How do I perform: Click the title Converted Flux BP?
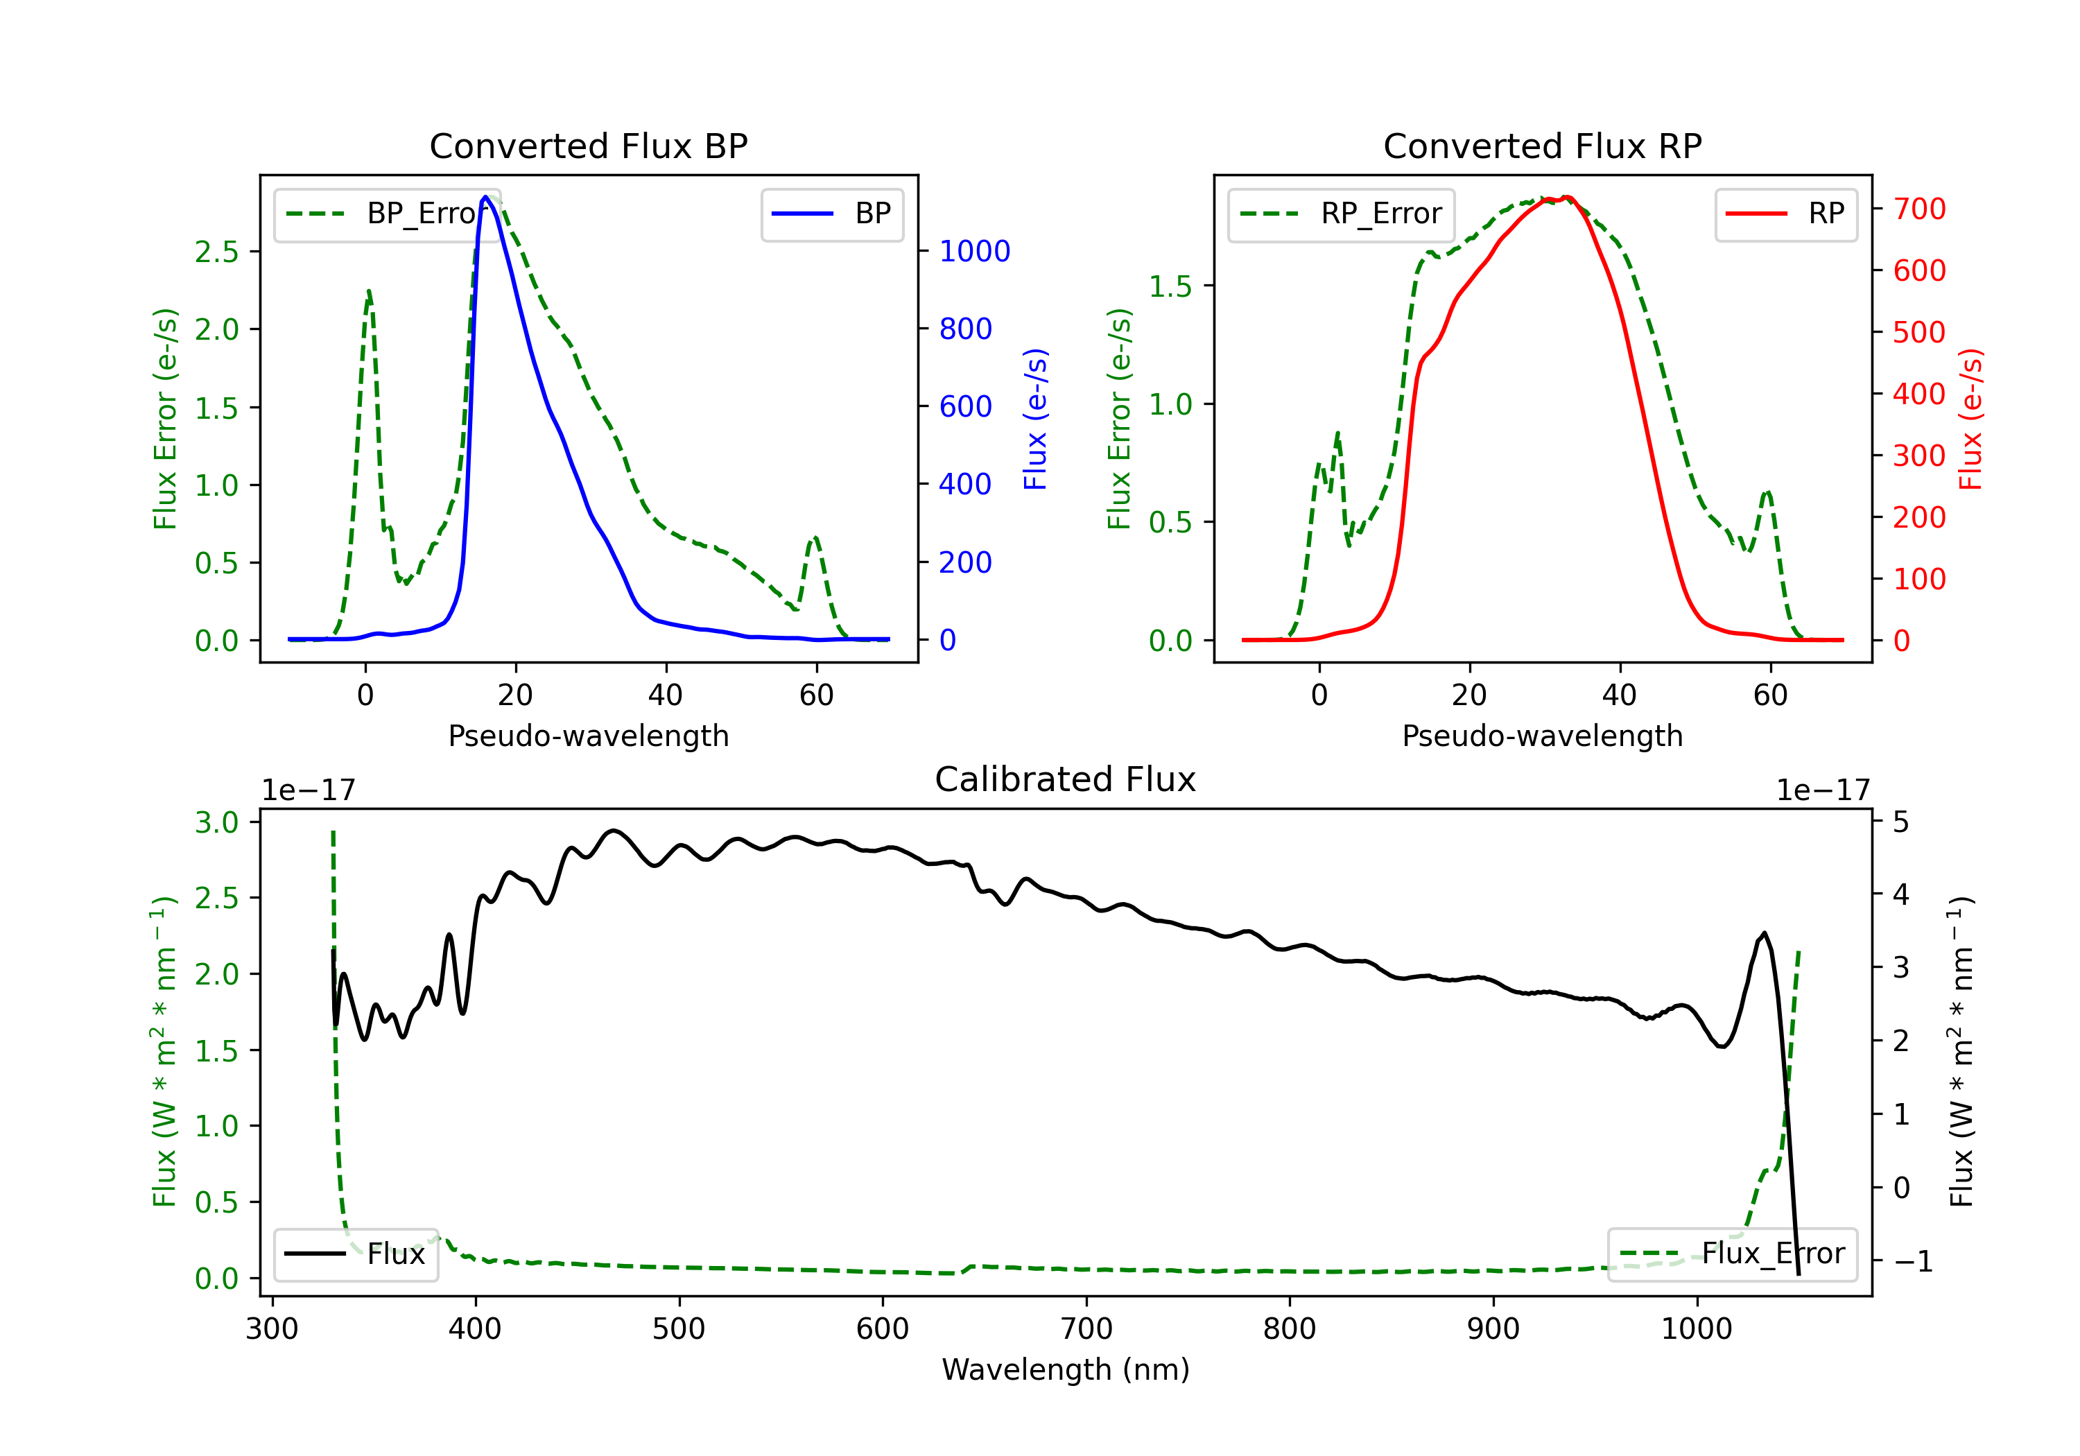pos(588,146)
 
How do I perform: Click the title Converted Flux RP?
pos(1542,146)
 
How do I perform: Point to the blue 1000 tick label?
pos(974,251)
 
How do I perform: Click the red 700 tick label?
pos(1918,209)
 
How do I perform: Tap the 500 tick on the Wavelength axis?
pos(679,1329)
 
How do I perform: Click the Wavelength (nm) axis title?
pos(1066,1370)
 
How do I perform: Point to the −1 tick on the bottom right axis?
pos(1912,1261)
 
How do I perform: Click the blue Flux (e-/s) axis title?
pos(1035,419)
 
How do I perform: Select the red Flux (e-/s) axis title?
pos(1970,419)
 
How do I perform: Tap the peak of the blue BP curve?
pos(485,197)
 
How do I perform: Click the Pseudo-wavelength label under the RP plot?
pos(1542,736)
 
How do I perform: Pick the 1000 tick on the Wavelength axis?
pos(1696,1329)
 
